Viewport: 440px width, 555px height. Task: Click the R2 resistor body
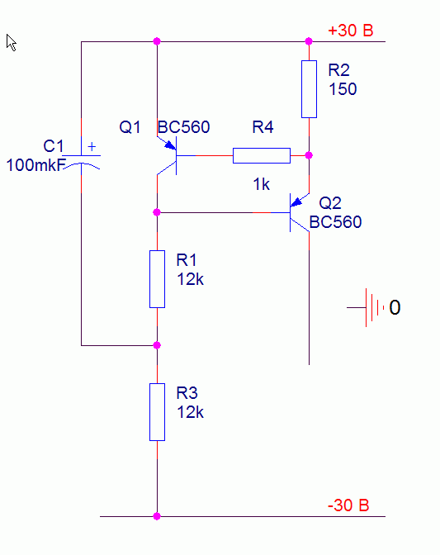tap(309, 89)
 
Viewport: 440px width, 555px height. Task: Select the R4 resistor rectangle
tap(262, 156)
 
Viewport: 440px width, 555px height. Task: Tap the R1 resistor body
tap(157, 279)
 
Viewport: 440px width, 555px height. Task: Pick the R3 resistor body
tap(157, 412)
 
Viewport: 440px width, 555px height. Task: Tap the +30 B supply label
tap(351, 31)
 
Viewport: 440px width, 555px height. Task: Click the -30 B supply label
tap(348, 505)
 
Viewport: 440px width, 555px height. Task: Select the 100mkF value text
tap(36, 165)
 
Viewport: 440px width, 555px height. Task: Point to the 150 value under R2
tap(343, 89)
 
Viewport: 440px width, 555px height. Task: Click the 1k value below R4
tap(261, 184)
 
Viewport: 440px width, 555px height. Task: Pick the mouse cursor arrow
tap(12, 42)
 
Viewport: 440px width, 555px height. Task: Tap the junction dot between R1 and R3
tap(157, 345)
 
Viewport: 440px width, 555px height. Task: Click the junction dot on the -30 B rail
tap(157, 516)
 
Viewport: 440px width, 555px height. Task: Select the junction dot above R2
tap(309, 41)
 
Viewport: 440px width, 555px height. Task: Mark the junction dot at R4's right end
tap(309, 155)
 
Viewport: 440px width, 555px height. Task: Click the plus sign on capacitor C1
tap(92, 146)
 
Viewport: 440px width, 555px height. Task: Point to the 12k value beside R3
tap(190, 412)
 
